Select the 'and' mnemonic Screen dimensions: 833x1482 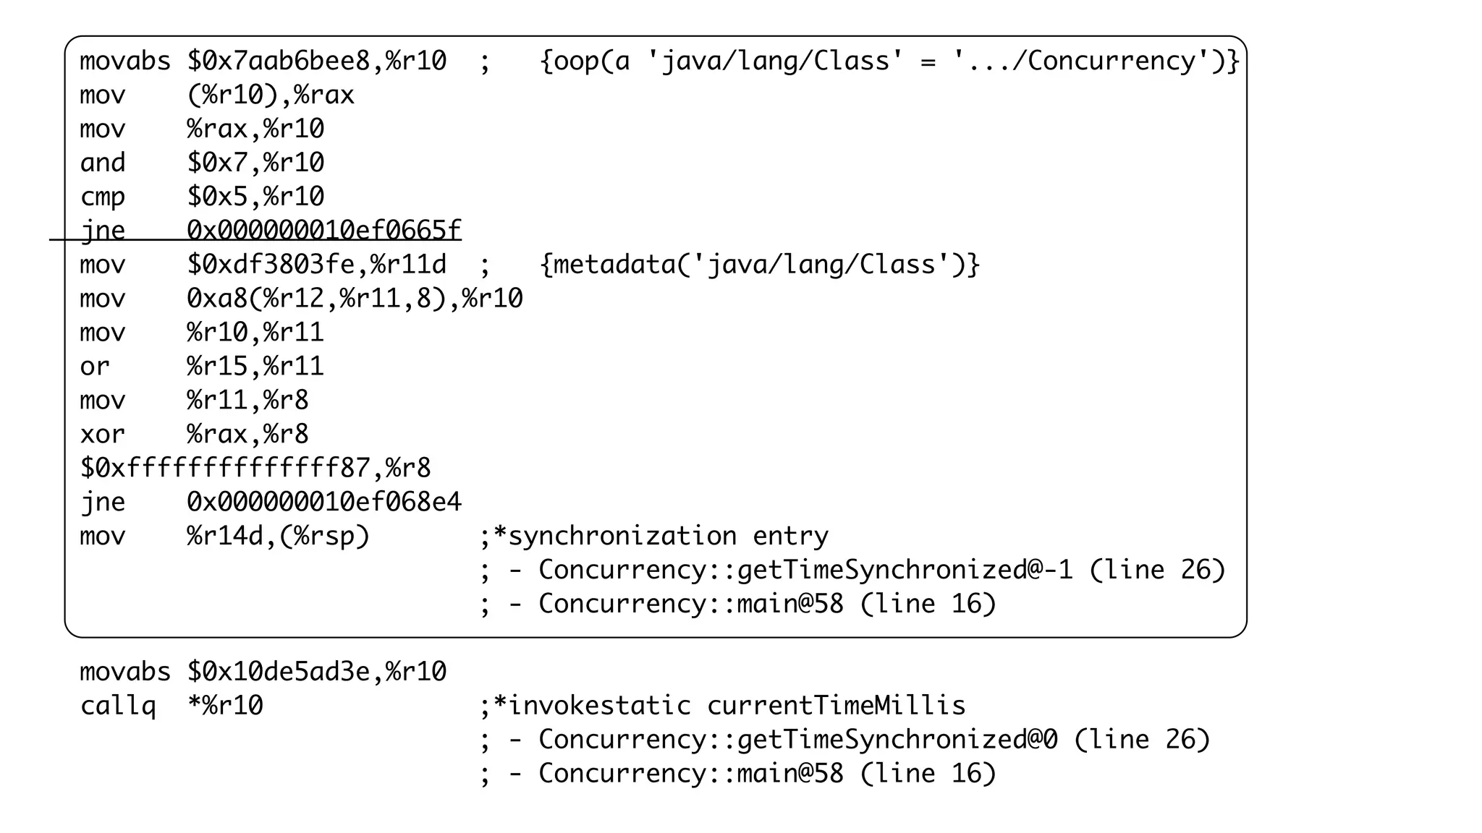click(103, 163)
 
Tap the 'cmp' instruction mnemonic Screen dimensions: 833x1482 click(103, 197)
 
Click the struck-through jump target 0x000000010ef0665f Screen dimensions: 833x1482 click(323, 231)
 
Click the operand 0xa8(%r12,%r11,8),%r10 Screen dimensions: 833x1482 click(355, 299)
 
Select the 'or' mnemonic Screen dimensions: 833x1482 click(95, 367)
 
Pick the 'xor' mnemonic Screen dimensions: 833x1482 click(103, 435)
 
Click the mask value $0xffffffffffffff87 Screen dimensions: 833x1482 click(225, 469)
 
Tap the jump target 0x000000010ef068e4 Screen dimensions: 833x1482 click(323, 503)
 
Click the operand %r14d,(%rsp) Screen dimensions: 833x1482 click(279, 537)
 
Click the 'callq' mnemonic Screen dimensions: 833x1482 click(118, 706)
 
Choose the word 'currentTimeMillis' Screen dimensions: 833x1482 click(836, 706)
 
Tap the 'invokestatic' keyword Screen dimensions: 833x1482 click(600, 706)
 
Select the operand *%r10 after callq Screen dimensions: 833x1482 click(225, 706)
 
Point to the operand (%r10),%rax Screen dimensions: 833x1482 click(271, 95)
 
